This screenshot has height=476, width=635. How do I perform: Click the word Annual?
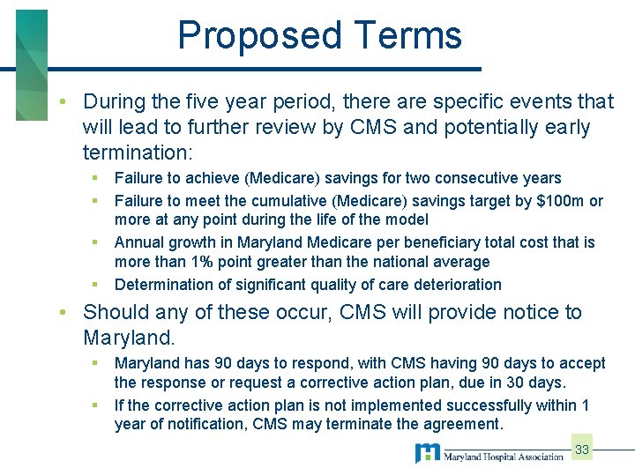pyautogui.click(x=138, y=242)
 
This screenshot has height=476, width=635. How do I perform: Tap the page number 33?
pyautogui.click(x=582, y=450)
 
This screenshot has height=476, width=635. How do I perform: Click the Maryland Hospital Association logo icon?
pyautogui.click(x=429, y=454)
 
